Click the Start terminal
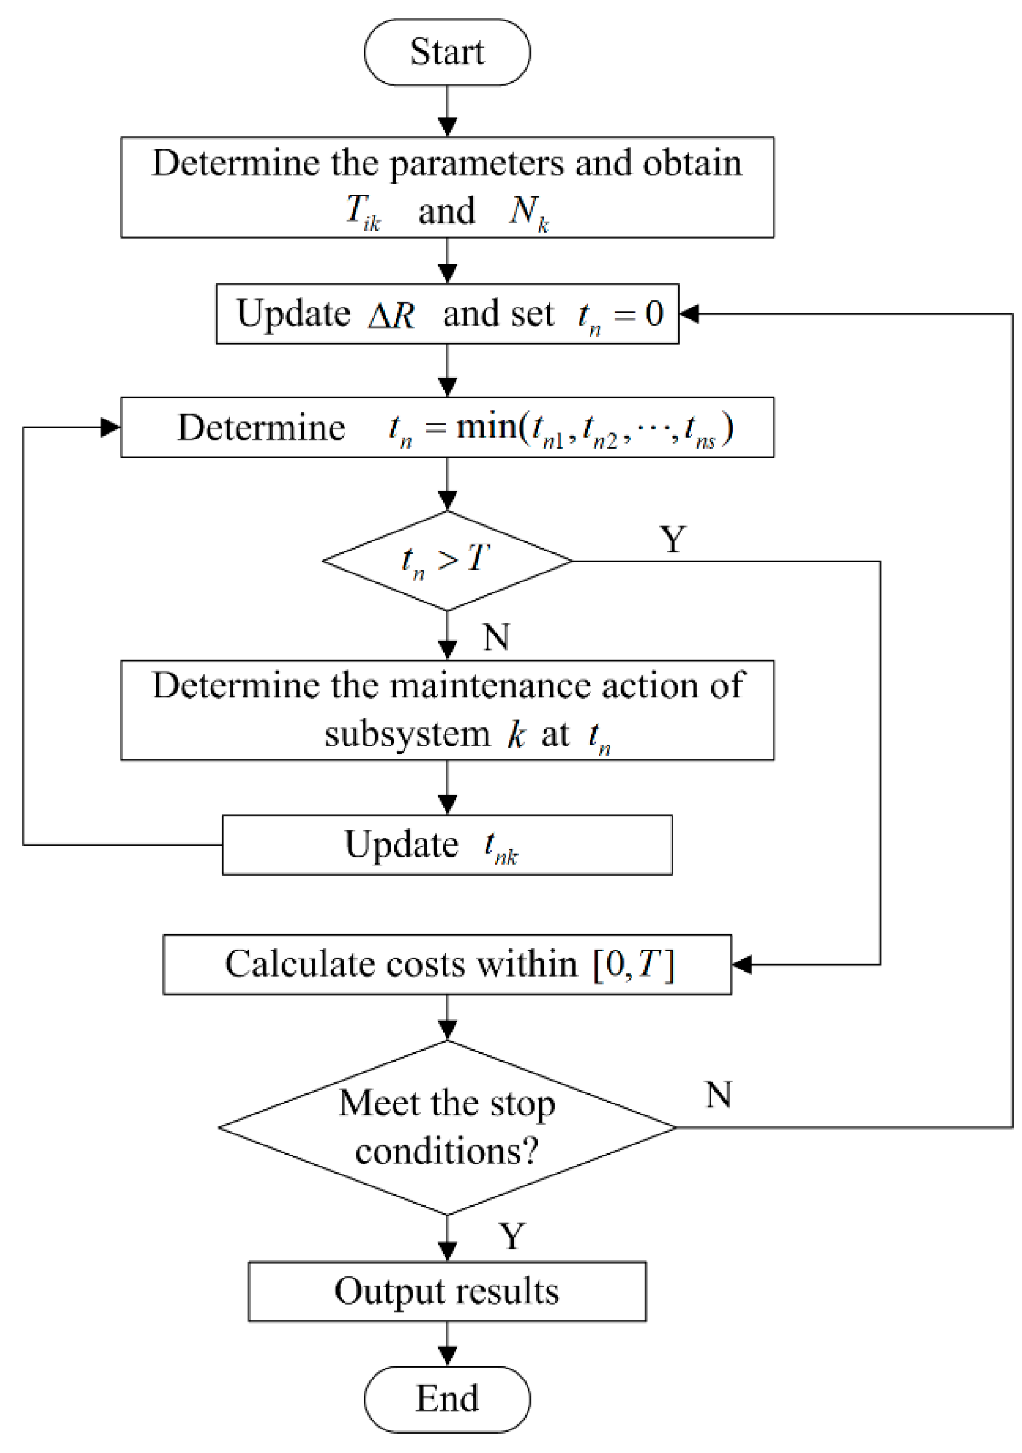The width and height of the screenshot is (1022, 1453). pyautogui.click(x=447, y=52)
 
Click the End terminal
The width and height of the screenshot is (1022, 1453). pyautogui.click(x=447, y=1399)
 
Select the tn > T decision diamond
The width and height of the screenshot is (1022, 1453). pyautogui.click(x=447, y=561)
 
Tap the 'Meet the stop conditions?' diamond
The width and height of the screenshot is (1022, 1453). pyautogui.click(x=447, y=1127)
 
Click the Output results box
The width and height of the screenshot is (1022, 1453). pyautogui.click(x=447, y=1291)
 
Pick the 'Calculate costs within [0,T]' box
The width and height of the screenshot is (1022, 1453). pyautogui.click(x=447, y=965)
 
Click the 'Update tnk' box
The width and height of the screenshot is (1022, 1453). pyautogui.click(x=447, y=845)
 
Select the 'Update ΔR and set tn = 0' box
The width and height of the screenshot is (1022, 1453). pyautogui.click(x=447, y=314)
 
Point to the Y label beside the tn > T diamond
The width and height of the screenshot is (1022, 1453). pyautogui.click(x=673, y=540)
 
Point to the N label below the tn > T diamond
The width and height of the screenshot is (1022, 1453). pyautogui.click(x=496, y=637)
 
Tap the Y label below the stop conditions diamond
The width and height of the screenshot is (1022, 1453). pyautogui.click(x=512, y=1236)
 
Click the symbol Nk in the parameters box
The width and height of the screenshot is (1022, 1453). pyautogui.click(x=529, y=212)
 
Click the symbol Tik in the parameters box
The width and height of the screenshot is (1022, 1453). pyautogui.click(x=363, y=212)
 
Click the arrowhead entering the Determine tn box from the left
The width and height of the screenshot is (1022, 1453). pyautogui.click(x=111, y=428)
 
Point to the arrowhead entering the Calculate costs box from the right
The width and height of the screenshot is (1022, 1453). pyautogui.click(x=741, y=965)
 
